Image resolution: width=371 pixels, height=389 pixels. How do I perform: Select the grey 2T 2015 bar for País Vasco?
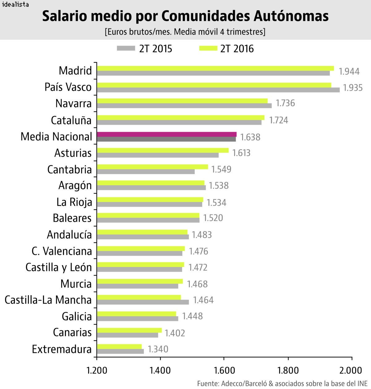click(x=218, y=90)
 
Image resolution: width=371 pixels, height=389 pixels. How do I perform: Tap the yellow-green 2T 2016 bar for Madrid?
click(x=215, y=68)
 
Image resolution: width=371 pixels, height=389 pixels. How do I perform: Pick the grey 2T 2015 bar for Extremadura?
click(x=120, y=351)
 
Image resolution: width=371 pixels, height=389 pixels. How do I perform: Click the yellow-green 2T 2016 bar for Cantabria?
click(x=152, y=167)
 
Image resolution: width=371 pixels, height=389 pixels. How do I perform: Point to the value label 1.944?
click(x=349, y=71)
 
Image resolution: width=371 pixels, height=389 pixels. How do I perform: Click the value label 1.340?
click(x=158, y=349)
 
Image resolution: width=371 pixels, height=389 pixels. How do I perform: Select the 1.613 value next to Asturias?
click(x=241, y=153)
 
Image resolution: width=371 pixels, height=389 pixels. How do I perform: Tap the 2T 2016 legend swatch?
click(x=208, y=48)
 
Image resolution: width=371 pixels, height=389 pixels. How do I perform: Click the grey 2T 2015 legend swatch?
click(x=126, y=48)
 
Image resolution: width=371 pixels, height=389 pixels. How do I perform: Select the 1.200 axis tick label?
click(x=97, y=370)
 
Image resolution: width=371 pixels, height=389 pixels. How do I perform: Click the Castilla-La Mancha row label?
click(x=48, y=300)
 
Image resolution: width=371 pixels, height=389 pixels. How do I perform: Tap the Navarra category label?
click(x=74, y=103)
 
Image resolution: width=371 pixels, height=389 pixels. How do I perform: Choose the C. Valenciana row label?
click(x=62, y=251)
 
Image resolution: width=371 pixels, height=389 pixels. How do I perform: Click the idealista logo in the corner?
click(x=15, y=4)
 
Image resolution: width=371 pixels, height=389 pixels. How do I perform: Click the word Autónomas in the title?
click(x=291, y=16)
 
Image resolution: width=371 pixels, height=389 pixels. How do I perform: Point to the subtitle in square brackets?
click(x=185, y=32)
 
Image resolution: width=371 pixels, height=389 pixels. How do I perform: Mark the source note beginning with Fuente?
click(x=282, y=383)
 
